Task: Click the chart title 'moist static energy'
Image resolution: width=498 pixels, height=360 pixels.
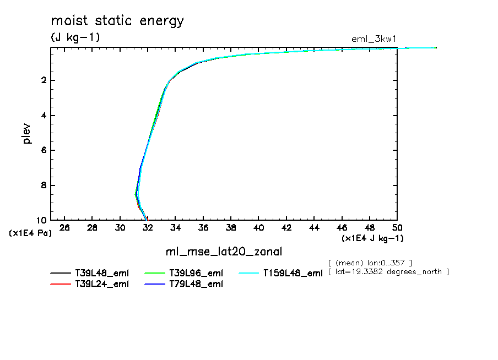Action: [117, 21]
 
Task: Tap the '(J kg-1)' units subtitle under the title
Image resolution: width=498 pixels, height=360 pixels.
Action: [75, 37]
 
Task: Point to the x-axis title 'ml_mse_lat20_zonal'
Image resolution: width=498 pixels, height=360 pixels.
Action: [224, 252]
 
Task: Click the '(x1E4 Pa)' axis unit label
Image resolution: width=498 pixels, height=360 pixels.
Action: [30, 233]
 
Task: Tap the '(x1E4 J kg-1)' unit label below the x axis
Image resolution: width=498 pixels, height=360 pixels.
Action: [373, 238]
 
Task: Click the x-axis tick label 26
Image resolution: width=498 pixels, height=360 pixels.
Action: [65, 228]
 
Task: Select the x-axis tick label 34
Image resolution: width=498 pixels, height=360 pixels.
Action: [176, 228]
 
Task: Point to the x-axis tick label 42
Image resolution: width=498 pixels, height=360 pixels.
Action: [286, 228]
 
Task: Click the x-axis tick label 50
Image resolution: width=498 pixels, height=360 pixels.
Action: [397, 228]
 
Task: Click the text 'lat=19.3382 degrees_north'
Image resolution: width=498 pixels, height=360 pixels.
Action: [389, 272]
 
